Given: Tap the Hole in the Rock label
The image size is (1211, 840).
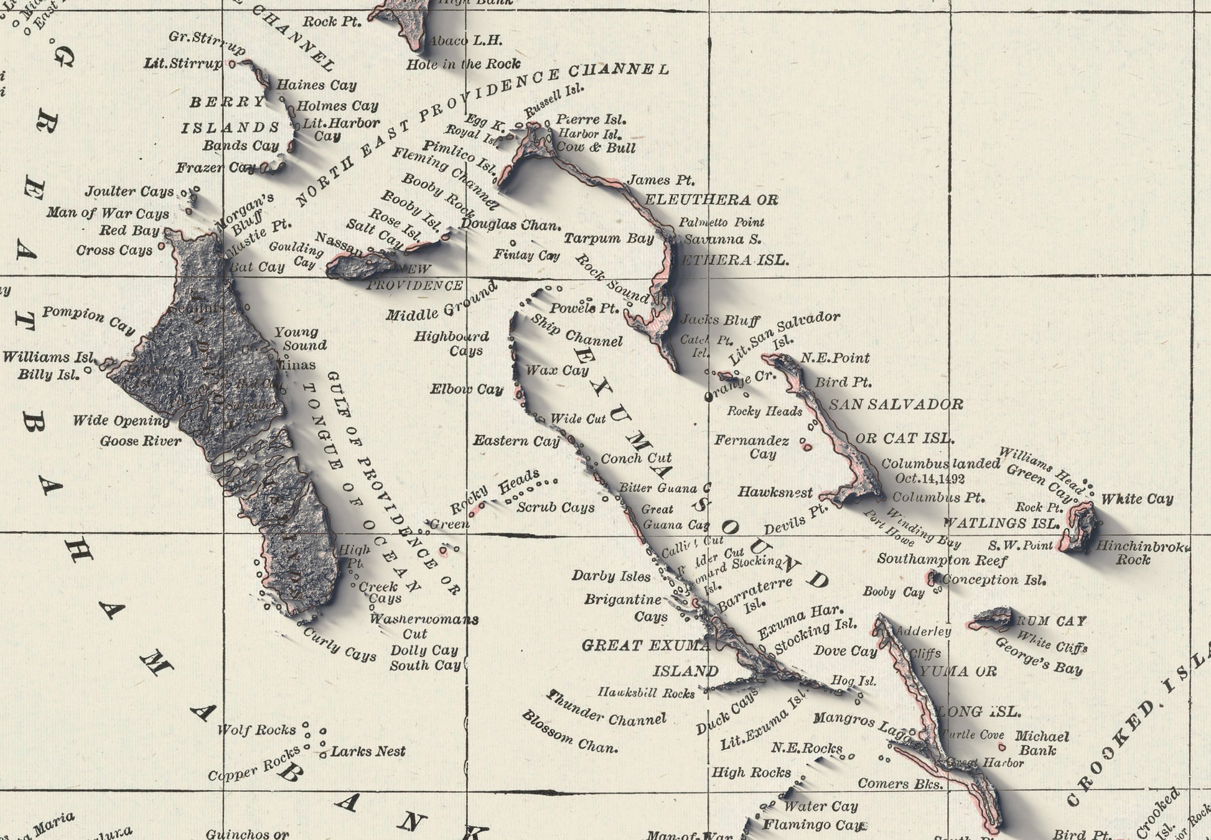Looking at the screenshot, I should coord(463,64).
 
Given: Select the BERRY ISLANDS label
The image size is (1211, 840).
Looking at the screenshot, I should coord(230,115).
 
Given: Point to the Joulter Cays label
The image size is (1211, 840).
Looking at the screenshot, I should coord(129,192).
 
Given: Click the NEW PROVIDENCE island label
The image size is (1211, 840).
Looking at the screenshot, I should coord(414,278).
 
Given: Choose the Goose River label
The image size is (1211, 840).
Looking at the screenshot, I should coord(141,441).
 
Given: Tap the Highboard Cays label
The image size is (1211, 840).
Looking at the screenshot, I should coord(452,344).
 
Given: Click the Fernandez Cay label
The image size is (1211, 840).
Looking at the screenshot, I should coord(751,447).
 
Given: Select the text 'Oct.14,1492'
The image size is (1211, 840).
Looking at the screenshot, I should coord(930,479).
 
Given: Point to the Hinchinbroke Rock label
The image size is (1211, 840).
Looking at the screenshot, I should coord(1142,553).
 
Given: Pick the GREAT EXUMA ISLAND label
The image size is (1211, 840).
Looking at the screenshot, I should coord(647,658).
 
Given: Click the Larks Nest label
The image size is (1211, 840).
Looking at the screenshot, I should coord(368,752).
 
